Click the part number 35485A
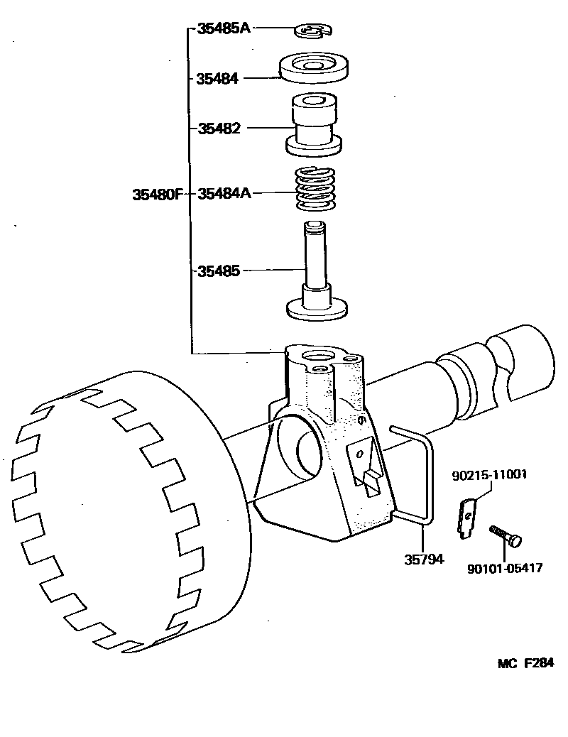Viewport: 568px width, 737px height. pos(223,29)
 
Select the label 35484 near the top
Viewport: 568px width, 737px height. pos(217,78)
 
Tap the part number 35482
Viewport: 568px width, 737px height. pos(219,129)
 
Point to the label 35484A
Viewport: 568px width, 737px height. pos(224,193)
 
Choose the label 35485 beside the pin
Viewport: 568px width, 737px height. pos(219,271)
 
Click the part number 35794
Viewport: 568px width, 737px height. pos(424,559)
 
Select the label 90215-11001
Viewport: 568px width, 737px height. pos(489,474)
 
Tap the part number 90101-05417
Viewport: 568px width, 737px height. pos(505,567)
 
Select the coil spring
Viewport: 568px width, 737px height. pos(315,189)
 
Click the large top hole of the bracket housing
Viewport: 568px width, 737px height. pos(313,354)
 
